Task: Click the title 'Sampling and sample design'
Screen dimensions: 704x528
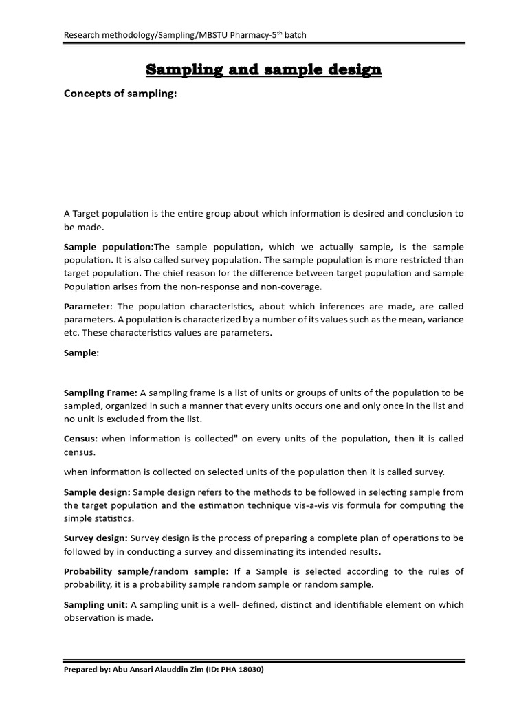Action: click(x=264, y=69)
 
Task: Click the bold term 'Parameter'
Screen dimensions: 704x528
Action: click(x=87, y=306)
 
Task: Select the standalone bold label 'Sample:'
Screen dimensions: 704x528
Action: click(x=81, y=353)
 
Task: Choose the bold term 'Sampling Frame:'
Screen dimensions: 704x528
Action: click(x=100, y=393)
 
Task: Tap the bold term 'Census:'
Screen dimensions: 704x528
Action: click(x=81, y=439)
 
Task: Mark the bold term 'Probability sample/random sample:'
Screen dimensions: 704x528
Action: click(x=146, y=571)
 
